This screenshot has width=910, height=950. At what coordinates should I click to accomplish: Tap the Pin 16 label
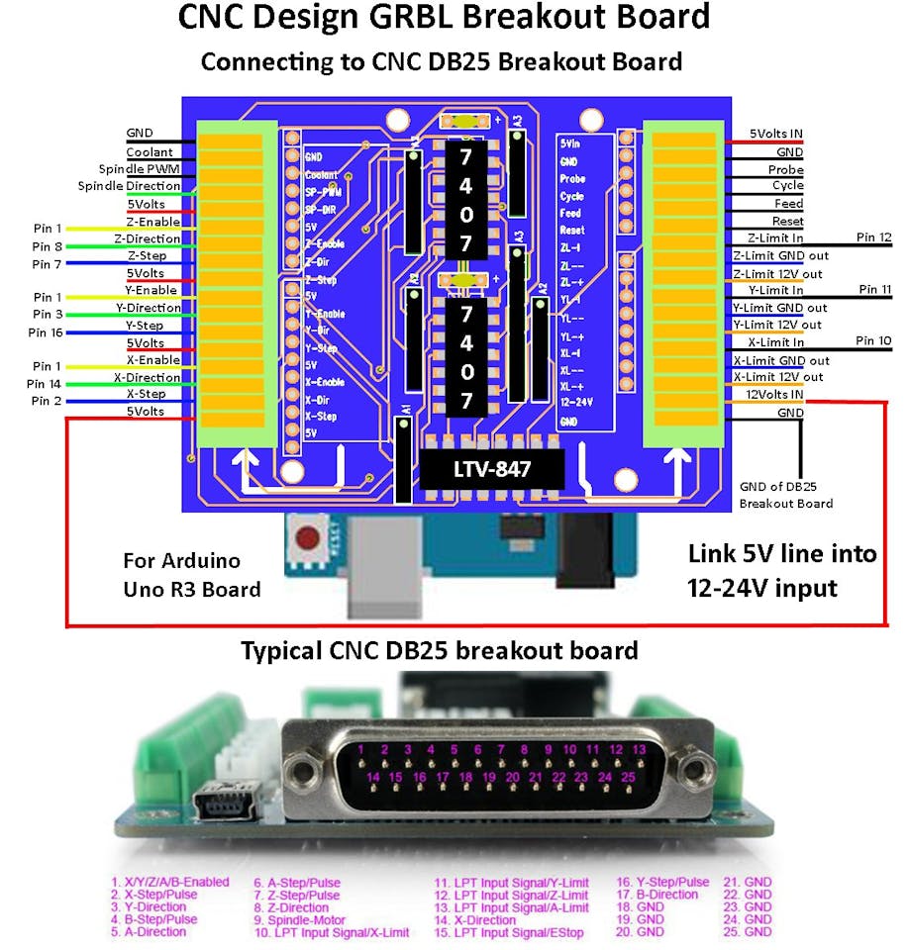tap(47, 333)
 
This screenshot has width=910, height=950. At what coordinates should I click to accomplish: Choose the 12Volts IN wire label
tap(774, 395)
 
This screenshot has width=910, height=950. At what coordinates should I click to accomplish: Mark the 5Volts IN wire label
tap(775, 134)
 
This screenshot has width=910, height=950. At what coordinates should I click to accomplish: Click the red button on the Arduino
tap(309, 540)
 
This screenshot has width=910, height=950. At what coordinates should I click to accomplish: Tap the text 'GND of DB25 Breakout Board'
tap(786, 495)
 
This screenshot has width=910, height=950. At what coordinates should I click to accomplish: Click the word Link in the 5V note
tap(714, 554)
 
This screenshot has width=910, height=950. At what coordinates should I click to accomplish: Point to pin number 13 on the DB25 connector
tap(640, 749)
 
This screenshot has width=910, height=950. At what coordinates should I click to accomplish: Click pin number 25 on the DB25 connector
tap(628, 778)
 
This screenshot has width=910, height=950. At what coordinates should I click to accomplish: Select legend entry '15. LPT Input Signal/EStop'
tap(511, 931)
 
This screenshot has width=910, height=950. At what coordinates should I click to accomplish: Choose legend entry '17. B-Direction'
tap(660, 895)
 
